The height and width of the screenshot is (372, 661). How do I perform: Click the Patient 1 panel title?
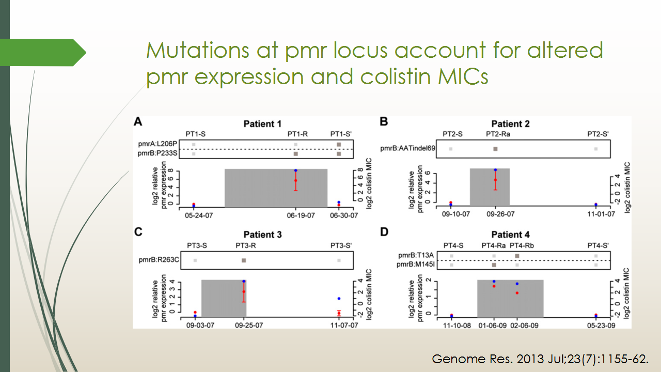(262, 123)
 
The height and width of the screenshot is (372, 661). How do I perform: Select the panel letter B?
(384, 121)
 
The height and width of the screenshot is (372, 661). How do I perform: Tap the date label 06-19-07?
(301, 215)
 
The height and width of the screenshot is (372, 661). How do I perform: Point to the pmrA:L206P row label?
(158, 144)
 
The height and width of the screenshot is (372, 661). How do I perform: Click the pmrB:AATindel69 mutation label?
(407, 148)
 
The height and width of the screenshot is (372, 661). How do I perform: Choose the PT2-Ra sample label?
(498, 134)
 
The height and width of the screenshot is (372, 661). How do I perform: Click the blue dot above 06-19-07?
(296, 171)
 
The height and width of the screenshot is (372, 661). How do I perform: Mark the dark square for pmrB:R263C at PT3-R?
(244, 260)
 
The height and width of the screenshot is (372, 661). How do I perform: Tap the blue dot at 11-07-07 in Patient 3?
(339, 299)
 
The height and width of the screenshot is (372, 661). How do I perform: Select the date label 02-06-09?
(524, 326)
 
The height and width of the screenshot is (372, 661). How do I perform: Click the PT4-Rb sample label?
(522, 245)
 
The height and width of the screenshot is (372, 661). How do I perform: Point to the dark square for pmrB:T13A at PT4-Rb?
(517, 256)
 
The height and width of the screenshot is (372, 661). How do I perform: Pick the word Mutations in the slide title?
(198, 50)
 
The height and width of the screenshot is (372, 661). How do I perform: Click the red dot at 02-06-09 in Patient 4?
(517, 293)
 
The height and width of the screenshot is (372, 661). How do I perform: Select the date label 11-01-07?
(601, 214)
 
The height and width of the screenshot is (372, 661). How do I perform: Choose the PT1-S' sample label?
(341, 134)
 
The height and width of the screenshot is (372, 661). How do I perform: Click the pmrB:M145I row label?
(416, 264)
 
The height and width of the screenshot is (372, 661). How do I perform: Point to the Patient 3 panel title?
(263, 235)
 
